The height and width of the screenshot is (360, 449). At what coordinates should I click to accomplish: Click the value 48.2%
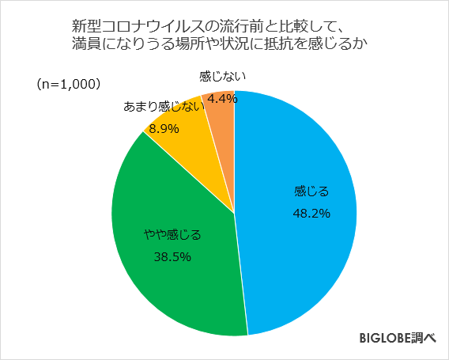311,213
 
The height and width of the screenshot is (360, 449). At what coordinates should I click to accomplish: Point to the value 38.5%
172,256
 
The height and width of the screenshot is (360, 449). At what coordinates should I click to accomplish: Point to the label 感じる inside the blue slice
311,191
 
